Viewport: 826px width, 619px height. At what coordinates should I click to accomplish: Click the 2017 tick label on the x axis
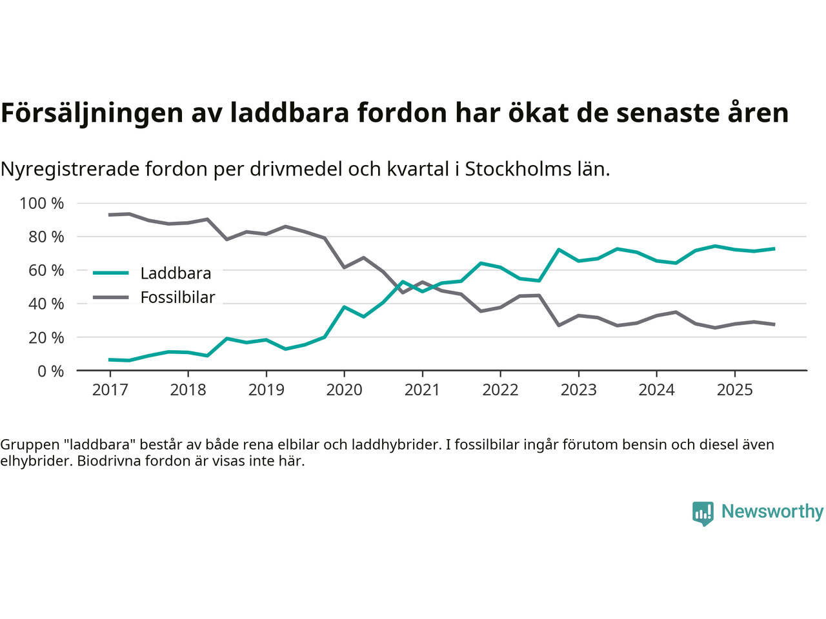[x=110, y=389]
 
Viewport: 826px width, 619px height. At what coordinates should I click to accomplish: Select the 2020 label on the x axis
[x=344, y=389]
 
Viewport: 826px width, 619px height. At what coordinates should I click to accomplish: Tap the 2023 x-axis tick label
[x=578, y=389]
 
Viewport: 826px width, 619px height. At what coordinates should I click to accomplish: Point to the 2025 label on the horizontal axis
[x=734, y=389]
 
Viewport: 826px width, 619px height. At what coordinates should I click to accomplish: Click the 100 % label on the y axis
[x=42, y=204]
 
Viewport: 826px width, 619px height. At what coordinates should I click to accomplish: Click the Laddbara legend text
[x=176, y=273]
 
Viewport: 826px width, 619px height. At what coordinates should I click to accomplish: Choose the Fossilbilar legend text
[x=177, y=298]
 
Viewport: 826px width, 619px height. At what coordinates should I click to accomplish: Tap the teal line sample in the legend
[x=111, y=273]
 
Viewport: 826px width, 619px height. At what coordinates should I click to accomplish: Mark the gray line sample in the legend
[x=111, y=297]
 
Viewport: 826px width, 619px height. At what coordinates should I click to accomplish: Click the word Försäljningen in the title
[x=92, y=113]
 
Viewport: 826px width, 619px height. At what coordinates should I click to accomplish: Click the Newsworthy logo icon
[x=703, y=513]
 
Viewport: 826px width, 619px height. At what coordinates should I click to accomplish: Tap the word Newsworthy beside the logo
[x=772, y=511]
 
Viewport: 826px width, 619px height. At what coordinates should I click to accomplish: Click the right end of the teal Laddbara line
[x=774, y=249]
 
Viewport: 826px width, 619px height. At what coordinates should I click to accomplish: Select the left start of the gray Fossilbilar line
[x=110, y=215]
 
